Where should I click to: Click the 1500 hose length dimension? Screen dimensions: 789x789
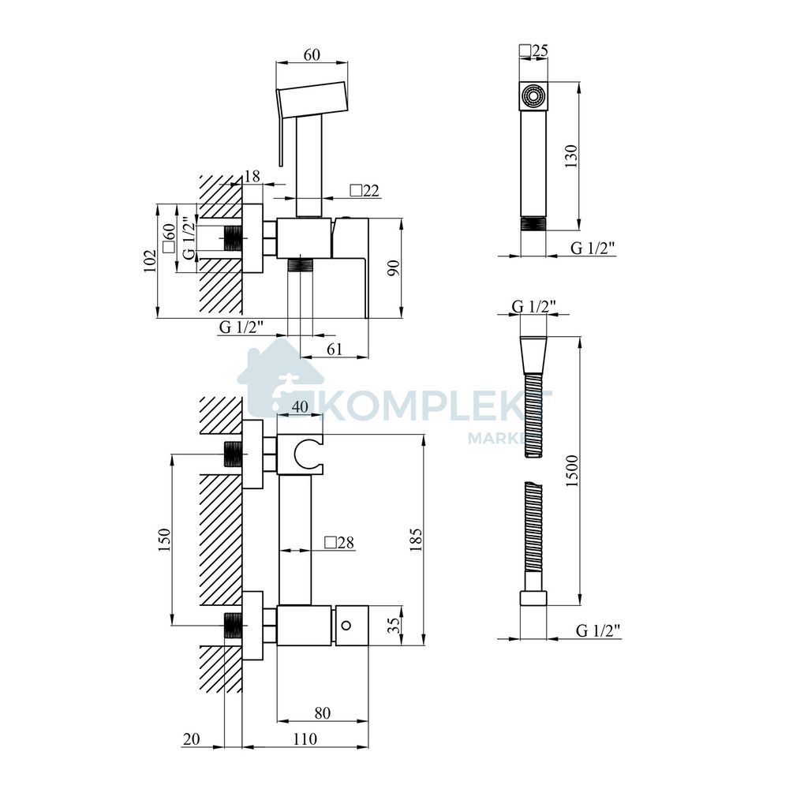(x=573, y=470)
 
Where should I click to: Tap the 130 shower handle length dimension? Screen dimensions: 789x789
(x=572, y=156)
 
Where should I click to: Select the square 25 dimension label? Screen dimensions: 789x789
(x=533, y=50)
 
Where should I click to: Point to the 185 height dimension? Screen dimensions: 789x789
(x=416, y=540)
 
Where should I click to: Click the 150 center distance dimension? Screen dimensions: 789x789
(x=165, y=540)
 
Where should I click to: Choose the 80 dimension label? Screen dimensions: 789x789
(x=323, y=712)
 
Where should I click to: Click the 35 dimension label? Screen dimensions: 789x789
(x=395, y=625)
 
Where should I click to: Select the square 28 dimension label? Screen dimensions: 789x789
(x=339, y=542)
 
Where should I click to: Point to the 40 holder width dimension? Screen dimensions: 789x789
(x=300, y=406)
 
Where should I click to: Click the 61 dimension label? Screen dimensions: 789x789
(x=334, y=349)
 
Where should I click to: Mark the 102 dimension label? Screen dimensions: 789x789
(x=150, y=260)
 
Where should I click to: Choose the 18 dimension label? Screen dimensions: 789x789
(x=252, y=176)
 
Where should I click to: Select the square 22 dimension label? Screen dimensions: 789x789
(x=365, y=190)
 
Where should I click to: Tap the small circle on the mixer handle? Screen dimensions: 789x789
(x=346, y=626)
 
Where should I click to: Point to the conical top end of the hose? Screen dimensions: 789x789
(x=533, y=355)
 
